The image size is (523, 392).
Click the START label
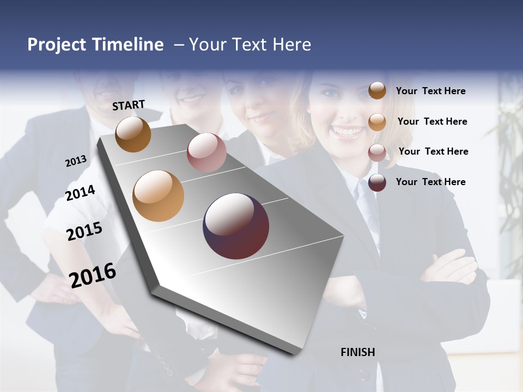tap(129, 105)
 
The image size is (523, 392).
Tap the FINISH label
tap(358, 352)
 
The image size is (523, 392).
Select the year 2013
tap(76, 161)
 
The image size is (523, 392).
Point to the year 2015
tap(84, 231)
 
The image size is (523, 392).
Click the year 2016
tap(93, 275)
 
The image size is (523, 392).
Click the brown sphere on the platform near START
tap(133, 134)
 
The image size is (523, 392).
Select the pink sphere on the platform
tap(206, 152)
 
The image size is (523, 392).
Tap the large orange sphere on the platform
tap(158, 196)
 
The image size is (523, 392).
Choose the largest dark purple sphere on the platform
tap(236, 226)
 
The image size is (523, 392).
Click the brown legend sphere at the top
tap(377, 90)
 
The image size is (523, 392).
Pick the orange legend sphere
tap(377, 121)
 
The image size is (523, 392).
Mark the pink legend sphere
tap(377, 152)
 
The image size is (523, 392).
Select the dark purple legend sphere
tap(377, 182)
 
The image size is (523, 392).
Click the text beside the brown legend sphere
tap(430, 91)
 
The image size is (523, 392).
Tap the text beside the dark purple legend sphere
tap(430, 182)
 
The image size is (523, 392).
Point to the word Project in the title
tap(57, 45)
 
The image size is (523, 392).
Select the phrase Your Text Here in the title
tap(250, 45)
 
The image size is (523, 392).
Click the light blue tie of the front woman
tap(367, 201)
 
